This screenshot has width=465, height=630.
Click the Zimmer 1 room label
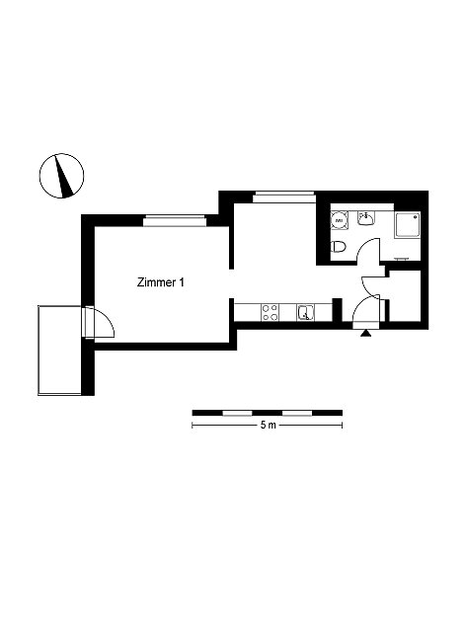coord(161,282)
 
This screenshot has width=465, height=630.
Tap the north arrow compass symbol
coord(62,176)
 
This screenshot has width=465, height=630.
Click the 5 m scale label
coord(268,425)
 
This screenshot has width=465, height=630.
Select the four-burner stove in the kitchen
coord(270,312)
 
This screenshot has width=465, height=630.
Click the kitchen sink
coord(306,312)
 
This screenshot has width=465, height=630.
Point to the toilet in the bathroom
coord(338,247)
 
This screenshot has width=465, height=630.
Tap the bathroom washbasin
coord(366,218)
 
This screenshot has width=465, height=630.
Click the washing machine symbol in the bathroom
coord(340,220)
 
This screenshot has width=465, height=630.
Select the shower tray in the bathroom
coord(407,225)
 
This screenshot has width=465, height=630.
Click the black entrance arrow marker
coord(365,333)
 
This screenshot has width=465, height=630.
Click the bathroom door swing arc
coord(368,250)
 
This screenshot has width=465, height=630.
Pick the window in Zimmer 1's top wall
coord(175,220)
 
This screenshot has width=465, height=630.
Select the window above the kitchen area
coord(283,197)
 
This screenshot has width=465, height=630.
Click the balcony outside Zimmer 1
coord(60,351)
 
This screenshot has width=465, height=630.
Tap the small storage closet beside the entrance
coord(405,295)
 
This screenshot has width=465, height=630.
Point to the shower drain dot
coord(416,216)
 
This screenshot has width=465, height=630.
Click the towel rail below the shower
coord(403,259)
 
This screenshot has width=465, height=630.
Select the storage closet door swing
coord(370,286)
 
